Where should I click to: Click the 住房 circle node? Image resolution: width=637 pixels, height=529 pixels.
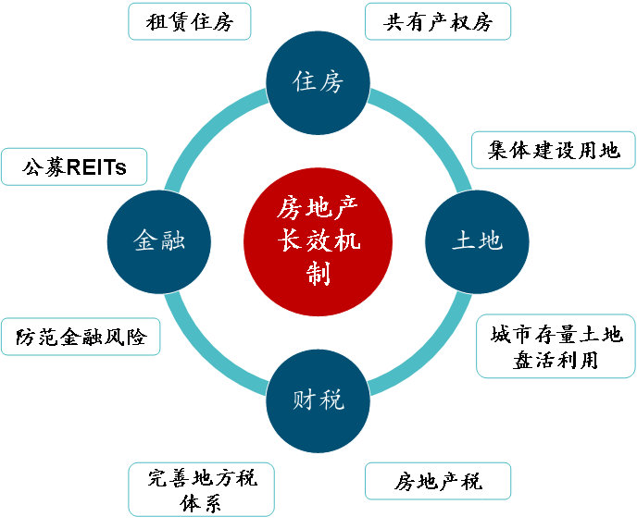click(x=318, y=82)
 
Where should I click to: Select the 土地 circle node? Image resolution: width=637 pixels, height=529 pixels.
click(x=477, y=241)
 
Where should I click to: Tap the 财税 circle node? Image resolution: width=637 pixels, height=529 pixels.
click(x=318, y=400)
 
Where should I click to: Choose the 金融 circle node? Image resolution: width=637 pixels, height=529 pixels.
click(x=159, y=241)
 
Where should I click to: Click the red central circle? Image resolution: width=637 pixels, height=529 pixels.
click(x=318, y=241)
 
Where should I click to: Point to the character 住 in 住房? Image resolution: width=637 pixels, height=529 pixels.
click(x=305, y=82)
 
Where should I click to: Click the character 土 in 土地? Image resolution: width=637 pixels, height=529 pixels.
click(x=464, y=241)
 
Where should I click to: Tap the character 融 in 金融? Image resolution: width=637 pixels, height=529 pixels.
click(x=173, y=241)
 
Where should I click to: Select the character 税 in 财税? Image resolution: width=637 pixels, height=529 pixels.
click(x=331, y=400)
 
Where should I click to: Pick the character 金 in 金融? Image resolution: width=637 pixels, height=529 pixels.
click(x=145, y=241)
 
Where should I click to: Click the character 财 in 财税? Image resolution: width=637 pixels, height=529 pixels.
click(x=305, y=400)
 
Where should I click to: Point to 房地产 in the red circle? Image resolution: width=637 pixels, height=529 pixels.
click(x=318, y=208)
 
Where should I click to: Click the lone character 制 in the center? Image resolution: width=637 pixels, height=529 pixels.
click(x=318, y=273)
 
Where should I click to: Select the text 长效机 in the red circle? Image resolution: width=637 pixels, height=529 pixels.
click(x=318, y=241)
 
